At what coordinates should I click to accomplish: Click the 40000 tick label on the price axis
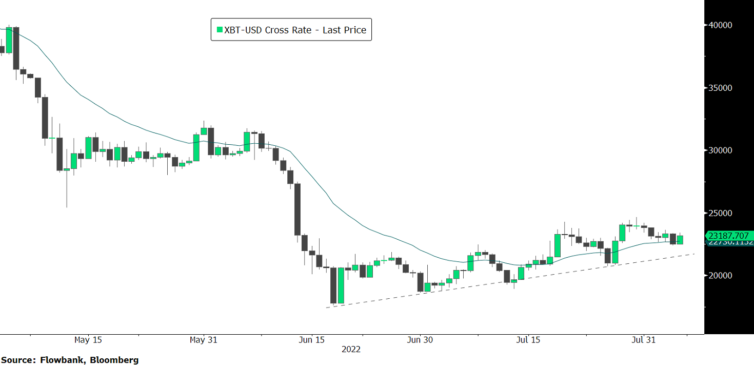721,25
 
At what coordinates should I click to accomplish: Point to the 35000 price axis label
721,88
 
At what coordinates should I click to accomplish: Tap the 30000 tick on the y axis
721,150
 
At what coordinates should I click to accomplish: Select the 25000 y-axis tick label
721,213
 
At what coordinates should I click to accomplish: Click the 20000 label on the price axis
721,276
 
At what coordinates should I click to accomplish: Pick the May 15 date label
88,340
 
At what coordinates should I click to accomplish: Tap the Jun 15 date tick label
312,340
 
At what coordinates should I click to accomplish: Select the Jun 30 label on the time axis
420,340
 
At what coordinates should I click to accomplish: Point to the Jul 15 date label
528,340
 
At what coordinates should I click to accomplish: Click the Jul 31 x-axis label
643,340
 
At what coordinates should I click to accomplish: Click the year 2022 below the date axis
351,350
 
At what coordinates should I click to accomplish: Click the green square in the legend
220,30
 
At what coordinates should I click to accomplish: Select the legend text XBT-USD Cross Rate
268,30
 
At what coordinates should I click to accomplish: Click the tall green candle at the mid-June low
341,285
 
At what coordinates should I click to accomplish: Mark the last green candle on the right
680,240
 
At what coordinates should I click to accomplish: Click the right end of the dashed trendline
695,254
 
